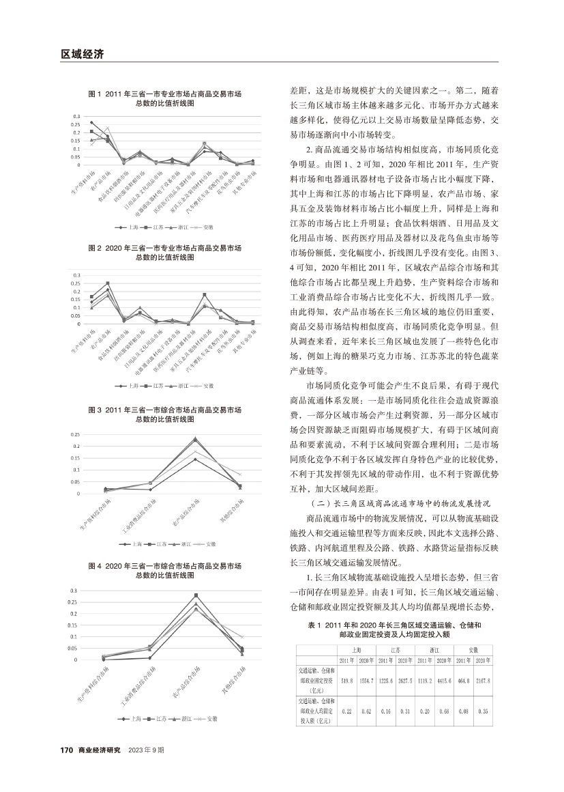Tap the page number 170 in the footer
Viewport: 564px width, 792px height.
(x=66, y=750)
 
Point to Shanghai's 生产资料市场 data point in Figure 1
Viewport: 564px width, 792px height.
(x=92, y=123)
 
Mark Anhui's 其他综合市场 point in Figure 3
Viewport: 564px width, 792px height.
(x=240, y=474)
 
